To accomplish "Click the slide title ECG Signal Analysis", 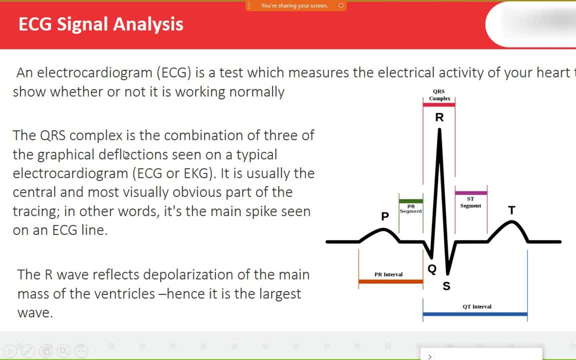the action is click(100, 24).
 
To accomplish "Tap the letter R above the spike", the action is click(439, 117).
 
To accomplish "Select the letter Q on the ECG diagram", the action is click(432, 269).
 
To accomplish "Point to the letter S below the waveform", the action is click(446, 286).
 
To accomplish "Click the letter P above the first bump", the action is click(385, 216).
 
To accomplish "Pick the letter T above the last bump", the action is click(511, 210).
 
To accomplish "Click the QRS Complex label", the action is click(439, 95).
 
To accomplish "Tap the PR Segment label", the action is click(410, 209).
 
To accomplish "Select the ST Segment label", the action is click(470, 202).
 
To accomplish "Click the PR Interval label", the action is click(388, 274).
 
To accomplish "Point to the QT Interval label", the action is click(477, 306).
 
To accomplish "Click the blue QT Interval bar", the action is click(475, 314).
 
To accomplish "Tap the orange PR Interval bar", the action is click(391, 282).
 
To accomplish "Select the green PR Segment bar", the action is click(410, 201).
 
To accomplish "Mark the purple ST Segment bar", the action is click(471, 193).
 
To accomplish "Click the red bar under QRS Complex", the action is click(439, 104).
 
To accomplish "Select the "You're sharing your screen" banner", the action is click(295, 5).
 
